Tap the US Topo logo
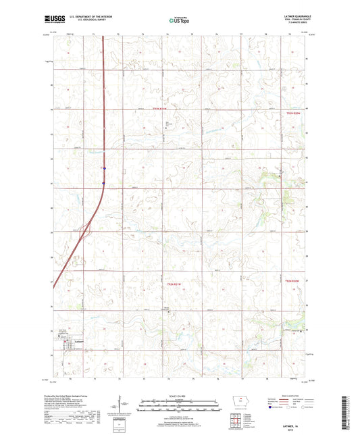coord(178,21)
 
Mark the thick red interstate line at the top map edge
coord(103,38)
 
